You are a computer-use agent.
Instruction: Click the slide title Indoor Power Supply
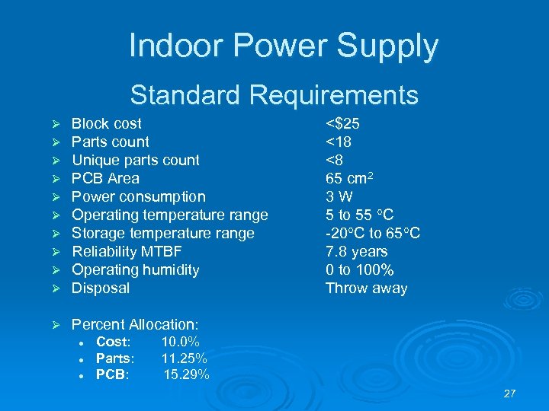[284, 46]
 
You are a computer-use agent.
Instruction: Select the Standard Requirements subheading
[274, 95]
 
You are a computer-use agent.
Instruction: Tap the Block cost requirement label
[106, 123]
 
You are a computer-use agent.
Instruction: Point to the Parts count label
[110, 142]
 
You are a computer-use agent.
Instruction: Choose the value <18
[339, 142]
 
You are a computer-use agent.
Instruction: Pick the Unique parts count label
[135, 160]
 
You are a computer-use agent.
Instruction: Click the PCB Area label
[105, 178]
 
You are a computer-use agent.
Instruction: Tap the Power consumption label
[138, 196]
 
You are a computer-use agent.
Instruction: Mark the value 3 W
[339, 196]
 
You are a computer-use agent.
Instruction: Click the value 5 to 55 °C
[359, 215]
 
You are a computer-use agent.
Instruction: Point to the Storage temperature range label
[162, 233]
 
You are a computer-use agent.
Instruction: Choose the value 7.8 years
[356, 251]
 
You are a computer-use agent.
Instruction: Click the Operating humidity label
[135, 269]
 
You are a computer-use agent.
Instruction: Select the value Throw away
[366, 288]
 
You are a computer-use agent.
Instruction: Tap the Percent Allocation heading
[134, 325]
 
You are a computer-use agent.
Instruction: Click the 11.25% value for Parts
[184, 358]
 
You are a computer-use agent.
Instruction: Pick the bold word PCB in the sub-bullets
[112, 374]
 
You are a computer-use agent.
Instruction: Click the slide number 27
[509, 393]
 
